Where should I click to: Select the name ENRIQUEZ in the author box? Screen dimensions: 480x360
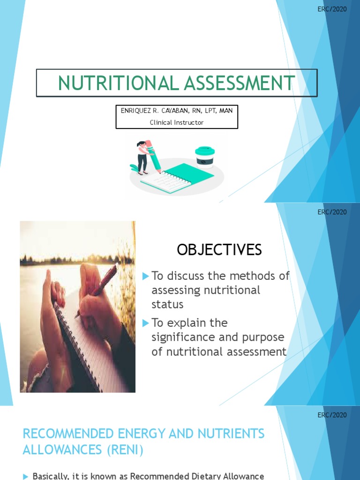coord(136,111)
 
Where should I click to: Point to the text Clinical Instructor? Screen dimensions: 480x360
coord(177,122)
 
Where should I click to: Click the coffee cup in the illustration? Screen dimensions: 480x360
coord(205,157)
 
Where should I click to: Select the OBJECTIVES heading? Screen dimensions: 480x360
coord(219,250)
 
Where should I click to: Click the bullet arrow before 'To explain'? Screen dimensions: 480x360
coord(146,323)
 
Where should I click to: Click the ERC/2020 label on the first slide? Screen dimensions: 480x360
coord(332,9)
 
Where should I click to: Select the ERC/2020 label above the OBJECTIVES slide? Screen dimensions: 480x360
coord(332,212)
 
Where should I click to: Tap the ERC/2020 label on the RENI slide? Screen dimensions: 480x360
coord(332,415)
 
